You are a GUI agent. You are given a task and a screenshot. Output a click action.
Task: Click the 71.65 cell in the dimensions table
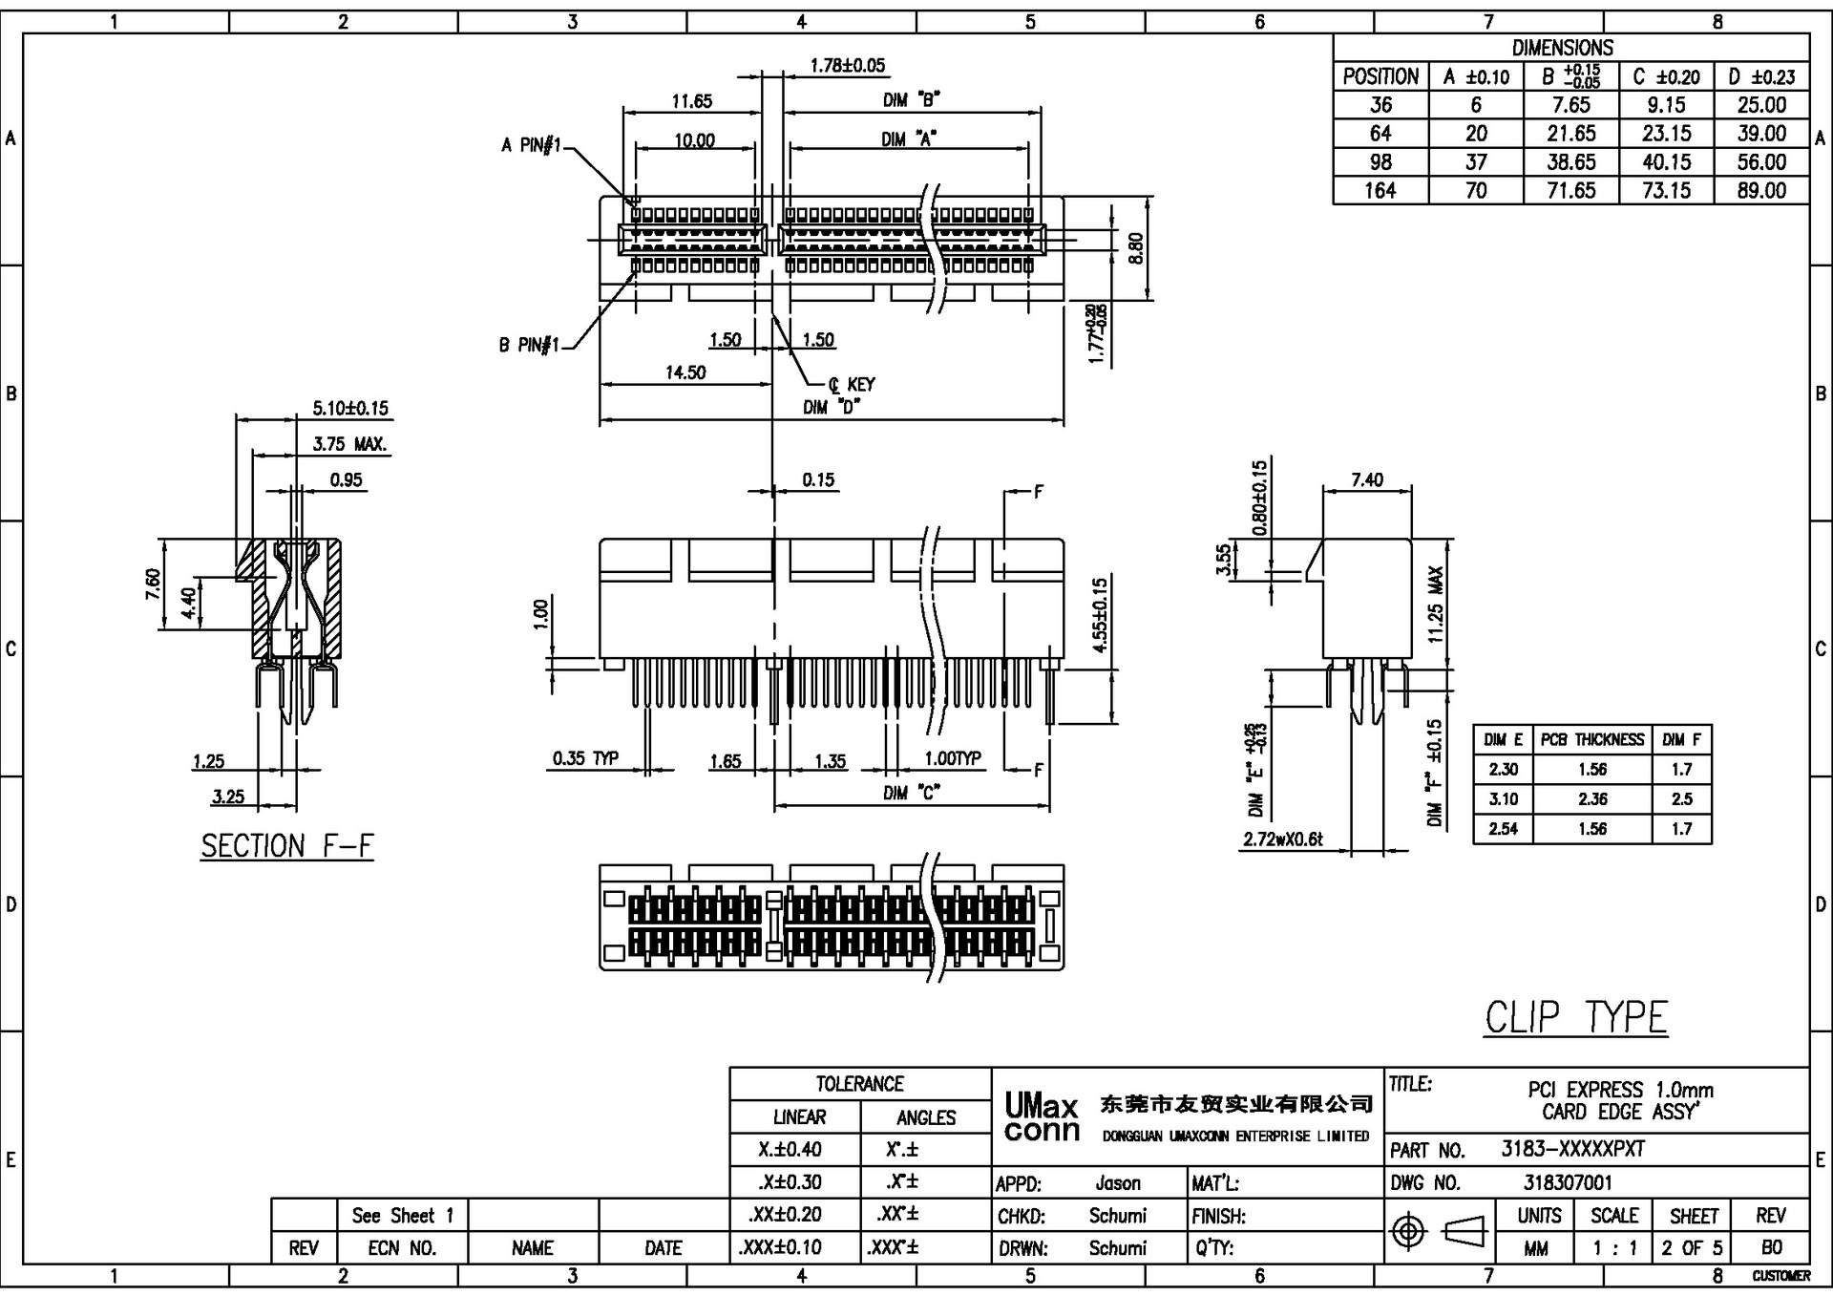tap(1570, 190)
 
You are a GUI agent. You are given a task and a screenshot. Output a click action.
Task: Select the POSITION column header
tap(1380, 76)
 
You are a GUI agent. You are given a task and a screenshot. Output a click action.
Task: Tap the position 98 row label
tap(1380, 161)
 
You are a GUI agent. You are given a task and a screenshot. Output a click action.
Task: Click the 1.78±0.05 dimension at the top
tap(847, 66)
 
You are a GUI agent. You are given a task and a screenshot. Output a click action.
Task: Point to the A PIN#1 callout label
tap(531, 145)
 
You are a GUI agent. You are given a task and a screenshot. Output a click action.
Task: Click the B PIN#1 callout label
tap(528, 345)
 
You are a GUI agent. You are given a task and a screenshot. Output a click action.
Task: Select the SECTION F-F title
tap(286, 846)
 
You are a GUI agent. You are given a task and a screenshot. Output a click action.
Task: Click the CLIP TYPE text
tap(1575, 1018)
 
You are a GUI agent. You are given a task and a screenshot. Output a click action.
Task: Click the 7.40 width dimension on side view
tap(1367, 479)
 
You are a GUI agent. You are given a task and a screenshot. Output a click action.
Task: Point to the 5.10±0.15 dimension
tap(350, 409)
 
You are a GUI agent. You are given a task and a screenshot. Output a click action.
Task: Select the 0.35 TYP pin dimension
tap(585, 758)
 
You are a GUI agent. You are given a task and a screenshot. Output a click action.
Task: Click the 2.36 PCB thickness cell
tap(1591, 799)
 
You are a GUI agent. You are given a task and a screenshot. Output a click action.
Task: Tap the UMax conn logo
tap(1041, 1118)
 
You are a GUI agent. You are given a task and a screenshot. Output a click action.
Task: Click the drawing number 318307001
tap(1568, 1182)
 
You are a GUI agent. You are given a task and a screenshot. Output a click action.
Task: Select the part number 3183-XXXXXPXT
tap(1572, 1149)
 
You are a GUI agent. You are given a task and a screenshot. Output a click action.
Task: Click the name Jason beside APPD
tap(1117, 1183)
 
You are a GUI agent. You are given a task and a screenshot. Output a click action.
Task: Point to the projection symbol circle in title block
tap(1408, 1231)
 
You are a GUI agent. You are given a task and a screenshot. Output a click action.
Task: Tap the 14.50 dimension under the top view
tap(685, 372)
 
